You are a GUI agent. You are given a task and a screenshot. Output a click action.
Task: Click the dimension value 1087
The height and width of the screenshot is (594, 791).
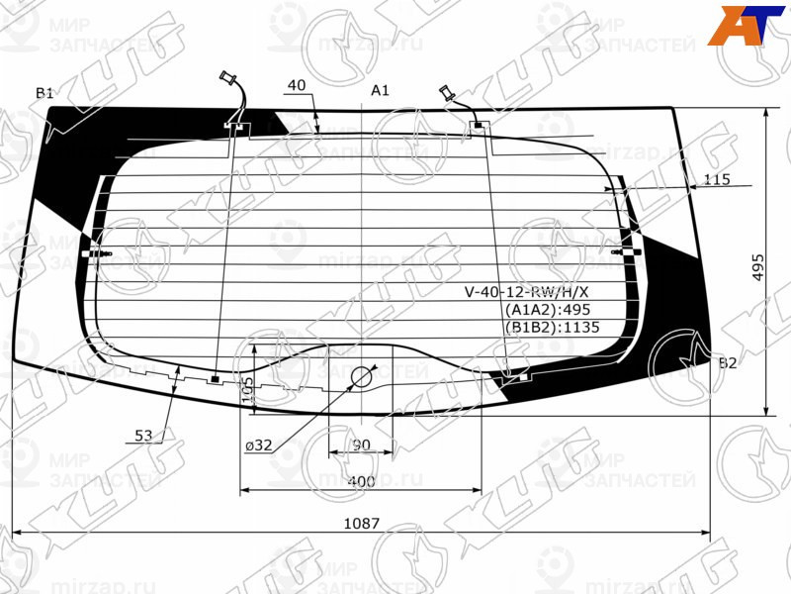[363, 523]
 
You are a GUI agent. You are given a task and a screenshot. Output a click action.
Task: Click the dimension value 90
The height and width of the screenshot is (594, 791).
[361, 445]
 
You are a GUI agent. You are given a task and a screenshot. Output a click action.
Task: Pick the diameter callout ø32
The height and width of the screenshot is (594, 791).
[259, 445]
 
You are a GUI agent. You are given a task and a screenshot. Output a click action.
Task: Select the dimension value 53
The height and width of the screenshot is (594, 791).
[144, 435]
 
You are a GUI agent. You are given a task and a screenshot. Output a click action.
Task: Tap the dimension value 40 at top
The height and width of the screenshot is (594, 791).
[295, 86]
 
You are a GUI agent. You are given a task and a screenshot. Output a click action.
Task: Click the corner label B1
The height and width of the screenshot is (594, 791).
[44, 93]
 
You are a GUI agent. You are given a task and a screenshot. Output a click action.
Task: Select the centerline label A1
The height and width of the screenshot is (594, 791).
[380, 90]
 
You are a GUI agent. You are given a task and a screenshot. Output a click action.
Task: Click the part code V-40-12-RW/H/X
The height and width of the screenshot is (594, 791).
[526, 291]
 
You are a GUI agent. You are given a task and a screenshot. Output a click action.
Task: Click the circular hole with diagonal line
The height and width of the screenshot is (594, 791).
[362, 376]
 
